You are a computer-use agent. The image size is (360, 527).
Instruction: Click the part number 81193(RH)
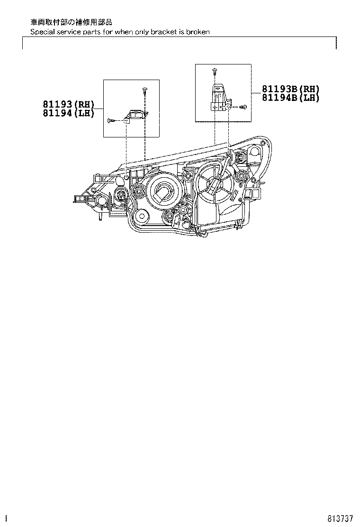(x=68, y=104)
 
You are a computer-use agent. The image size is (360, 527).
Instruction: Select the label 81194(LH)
(x=68, y=113)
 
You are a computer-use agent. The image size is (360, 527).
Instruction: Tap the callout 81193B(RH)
(x=290, y=89)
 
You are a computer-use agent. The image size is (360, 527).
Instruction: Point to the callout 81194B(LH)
(x=290, y=98)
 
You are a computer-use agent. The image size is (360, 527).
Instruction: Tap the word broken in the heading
(x=198, y=32)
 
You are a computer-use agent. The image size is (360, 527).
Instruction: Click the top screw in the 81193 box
(x=145, y=91)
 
